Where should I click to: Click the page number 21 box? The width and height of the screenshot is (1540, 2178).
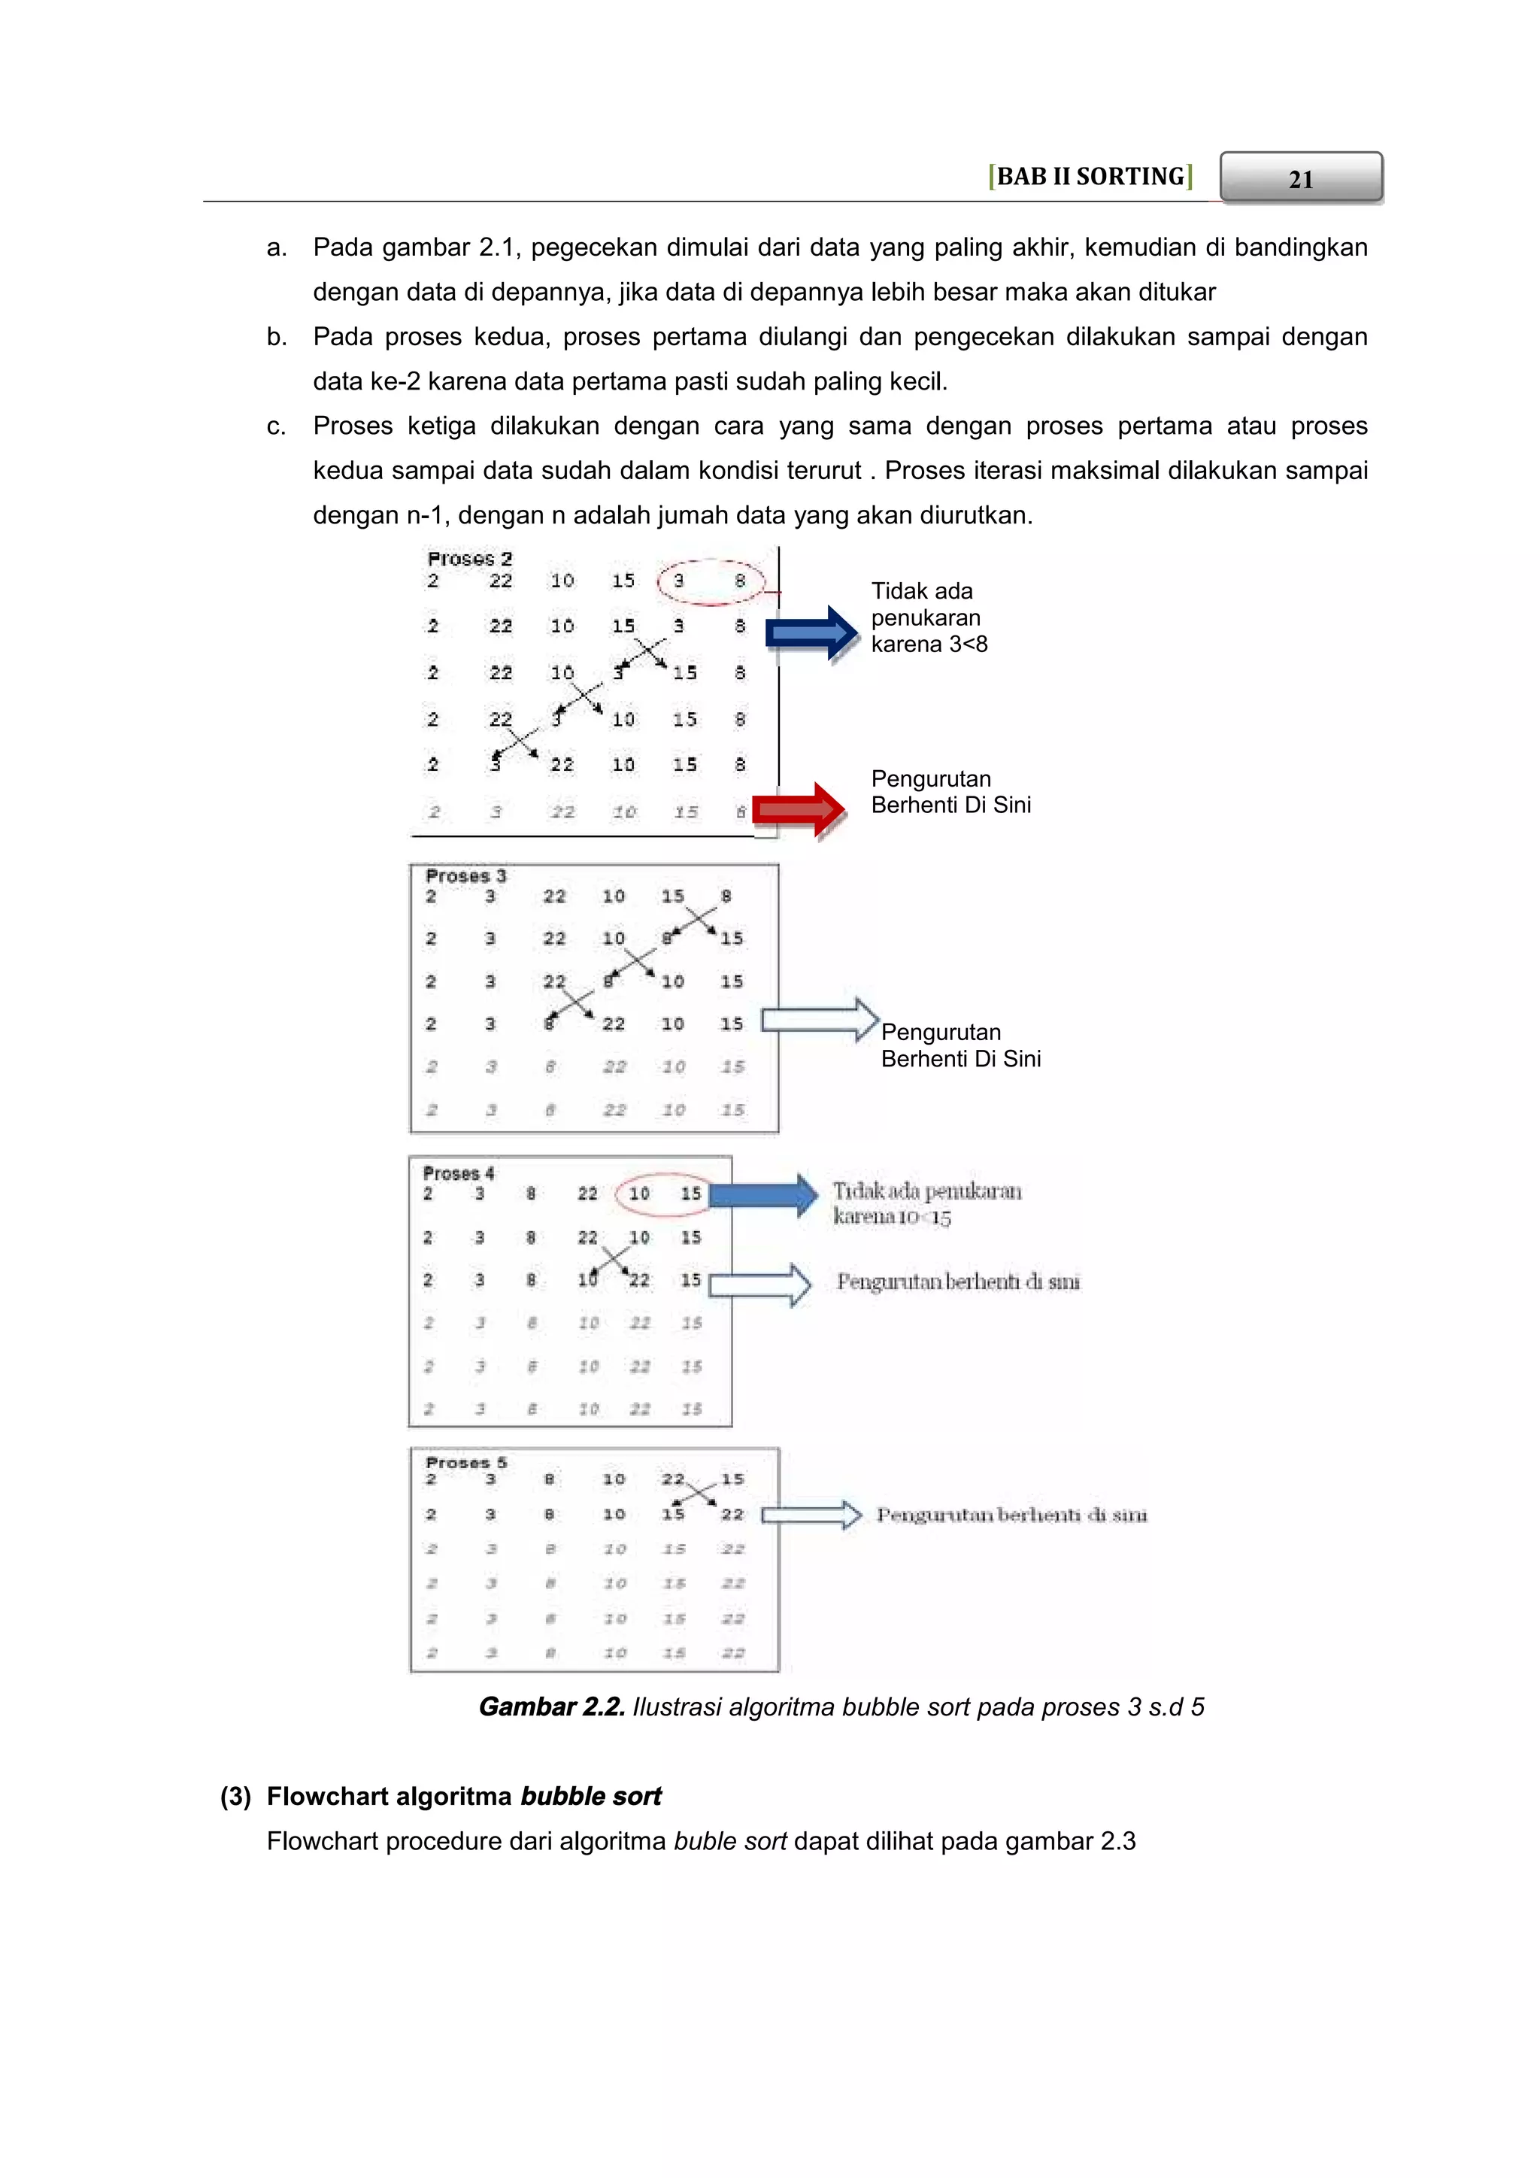(x=1300, y=177)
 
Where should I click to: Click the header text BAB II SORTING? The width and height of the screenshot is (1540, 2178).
(x=1090, y=177)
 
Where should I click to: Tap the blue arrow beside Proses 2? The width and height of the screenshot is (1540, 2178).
(x=811, y=632)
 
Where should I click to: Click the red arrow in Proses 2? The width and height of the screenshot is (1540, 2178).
(x=798, y=809)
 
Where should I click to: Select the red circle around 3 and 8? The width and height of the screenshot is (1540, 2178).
(x=711, y=581)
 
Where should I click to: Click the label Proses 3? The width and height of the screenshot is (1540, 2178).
(x=465, y=875)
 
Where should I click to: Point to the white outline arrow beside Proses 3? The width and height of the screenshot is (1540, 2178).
(x=820, y=1020)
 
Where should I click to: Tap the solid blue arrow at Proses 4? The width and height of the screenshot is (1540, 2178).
(x=763, y=1195)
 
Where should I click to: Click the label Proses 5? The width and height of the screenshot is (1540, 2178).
(x=465, y=1462)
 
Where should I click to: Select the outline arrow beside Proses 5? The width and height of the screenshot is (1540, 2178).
(x=811, y=1515)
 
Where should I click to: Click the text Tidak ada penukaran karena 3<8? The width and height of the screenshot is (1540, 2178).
(x=929, y=617)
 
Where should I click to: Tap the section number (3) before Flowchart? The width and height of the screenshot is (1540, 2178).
(x=235, y=1797)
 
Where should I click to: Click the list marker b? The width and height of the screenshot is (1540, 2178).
(x=276, y=337)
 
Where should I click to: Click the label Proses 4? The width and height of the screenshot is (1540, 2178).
(x=458, y=1173)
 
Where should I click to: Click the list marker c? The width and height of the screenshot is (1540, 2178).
(x=276, y=426)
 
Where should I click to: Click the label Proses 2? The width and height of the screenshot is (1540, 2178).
(x=469, y=559)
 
